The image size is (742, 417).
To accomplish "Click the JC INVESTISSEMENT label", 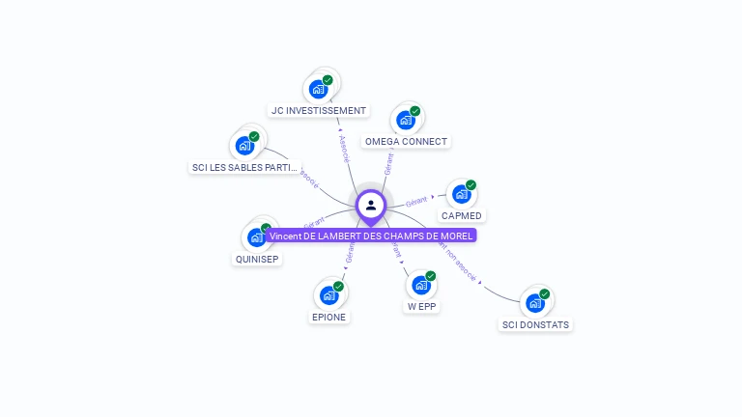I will click(x=319, y=111).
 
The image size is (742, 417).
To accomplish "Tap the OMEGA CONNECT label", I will click(x=406, y=142).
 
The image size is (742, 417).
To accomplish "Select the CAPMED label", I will click(x=462, y=215).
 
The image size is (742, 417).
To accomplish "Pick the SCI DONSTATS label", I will click(x=535, y=325).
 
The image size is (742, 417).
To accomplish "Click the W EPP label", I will click(x=421, y=307).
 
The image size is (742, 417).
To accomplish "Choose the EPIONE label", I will click(x=328, y=317).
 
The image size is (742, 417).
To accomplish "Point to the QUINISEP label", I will click(x=257, y=259).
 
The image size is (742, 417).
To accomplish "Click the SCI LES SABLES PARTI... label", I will click(x=244, y=168).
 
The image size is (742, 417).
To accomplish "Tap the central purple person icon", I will click(x=371, y=205).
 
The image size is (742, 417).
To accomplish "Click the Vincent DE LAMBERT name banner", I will click(x=372, y=236).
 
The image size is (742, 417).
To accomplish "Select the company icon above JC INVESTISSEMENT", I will click(x=318, y=89).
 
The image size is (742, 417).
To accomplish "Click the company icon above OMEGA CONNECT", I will click(x=405, y=120).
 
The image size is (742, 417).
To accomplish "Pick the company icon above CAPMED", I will click(x=461, y=194).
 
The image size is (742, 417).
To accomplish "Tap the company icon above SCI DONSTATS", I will click(x=534, y=303).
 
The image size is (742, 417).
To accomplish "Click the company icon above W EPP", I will click(x=420, y=285).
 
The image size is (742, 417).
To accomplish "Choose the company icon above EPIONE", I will click(x=328, y=295).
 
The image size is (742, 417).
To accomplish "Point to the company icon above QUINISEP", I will click(x=256, y=237).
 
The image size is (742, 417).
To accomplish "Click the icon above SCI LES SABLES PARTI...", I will click(x=244, y=146).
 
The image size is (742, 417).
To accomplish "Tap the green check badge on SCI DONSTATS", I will click(x=545, y=293).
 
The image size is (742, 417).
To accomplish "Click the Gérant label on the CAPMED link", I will click(x=416, y=201).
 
